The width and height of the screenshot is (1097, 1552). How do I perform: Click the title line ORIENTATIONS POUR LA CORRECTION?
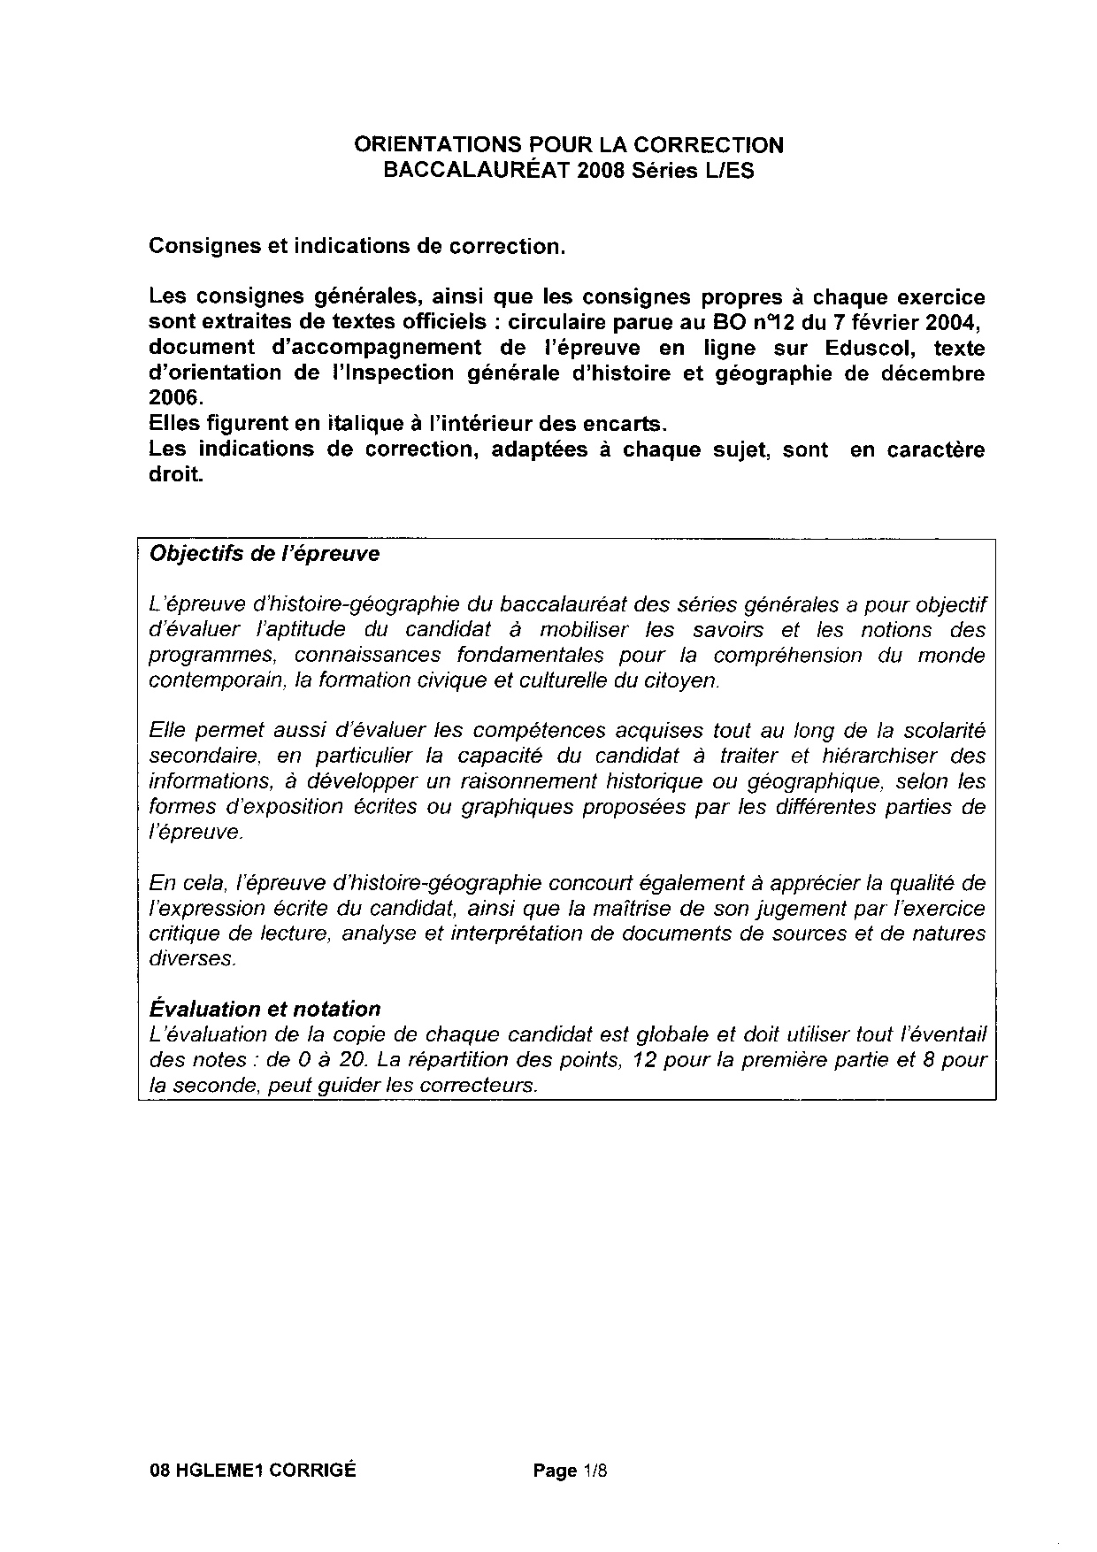coord(568,144)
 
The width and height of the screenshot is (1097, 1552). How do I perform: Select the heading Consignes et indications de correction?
coord(357,246)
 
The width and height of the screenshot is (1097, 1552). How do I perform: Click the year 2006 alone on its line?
coord(171,398)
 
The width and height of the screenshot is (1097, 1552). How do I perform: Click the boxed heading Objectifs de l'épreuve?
coord(265,554)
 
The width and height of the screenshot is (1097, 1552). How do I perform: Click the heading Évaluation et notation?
coord(265,1009)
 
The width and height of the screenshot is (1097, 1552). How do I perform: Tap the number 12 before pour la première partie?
coord(646,1059)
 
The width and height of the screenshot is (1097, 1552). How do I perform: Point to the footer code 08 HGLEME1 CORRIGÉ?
coord(253,1471)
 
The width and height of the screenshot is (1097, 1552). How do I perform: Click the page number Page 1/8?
coord(571,1471)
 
